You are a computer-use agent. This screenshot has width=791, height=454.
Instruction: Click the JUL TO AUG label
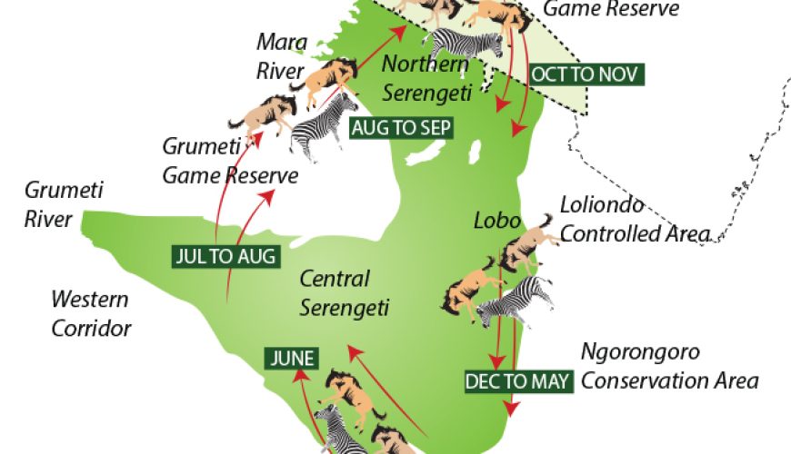coord(223,256)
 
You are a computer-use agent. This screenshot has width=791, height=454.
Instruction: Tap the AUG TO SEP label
coord(400,128)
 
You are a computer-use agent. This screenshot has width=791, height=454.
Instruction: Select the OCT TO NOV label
coord(586,74)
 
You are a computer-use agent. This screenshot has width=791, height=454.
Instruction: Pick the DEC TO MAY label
coord(519,381)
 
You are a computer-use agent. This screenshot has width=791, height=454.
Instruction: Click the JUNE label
coord(292,358)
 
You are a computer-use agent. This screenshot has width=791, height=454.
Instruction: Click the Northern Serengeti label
coord(426,78)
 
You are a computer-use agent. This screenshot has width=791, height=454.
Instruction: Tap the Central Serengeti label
coord(345,293)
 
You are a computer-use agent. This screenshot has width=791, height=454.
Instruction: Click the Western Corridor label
coord(90,312)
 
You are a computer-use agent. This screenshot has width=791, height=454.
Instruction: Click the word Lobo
coord(496,221)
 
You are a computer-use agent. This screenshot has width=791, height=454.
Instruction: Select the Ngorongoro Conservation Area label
coord(669,366)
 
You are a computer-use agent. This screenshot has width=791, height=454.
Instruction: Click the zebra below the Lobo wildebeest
coord(517,301)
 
